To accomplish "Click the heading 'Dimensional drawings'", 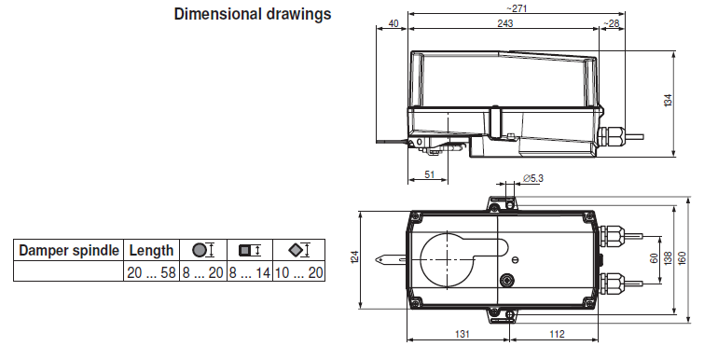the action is [253, 14].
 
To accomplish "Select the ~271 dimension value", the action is [517, 8].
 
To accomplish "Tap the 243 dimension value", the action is [505, 23].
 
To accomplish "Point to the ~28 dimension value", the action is [611, 23].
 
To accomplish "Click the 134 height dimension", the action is [668, 100].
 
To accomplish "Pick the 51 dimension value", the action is [429, 174].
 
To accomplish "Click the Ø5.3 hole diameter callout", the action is [533, 178].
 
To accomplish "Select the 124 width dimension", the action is [354, 257].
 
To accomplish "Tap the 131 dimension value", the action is [462, 334].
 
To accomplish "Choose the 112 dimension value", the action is [557, 334].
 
